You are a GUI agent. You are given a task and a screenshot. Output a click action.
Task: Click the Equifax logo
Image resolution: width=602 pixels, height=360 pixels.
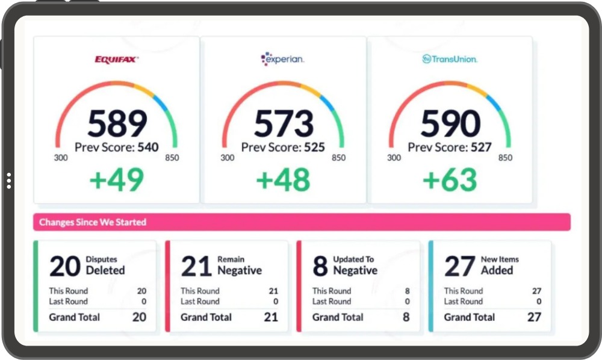coord(117,60)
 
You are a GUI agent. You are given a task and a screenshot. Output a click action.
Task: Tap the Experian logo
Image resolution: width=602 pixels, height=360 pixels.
coord(282,59)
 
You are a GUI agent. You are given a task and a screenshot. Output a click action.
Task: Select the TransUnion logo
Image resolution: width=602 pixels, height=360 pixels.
coord(450,59)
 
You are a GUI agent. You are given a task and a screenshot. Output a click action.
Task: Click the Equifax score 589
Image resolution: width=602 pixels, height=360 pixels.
coord(117,123)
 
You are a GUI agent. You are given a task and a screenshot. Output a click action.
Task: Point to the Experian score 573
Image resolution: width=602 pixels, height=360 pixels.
coord(284,123)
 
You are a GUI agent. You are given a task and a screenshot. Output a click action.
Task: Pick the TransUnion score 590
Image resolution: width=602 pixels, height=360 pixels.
coord(450,123)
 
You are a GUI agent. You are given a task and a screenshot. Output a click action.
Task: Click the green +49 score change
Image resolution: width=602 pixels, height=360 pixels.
coord(117,179)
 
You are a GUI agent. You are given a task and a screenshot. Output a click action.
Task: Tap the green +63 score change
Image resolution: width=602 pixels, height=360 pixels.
coord(450,179)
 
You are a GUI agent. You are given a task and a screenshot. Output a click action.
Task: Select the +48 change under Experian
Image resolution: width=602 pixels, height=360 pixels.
coord(284,179)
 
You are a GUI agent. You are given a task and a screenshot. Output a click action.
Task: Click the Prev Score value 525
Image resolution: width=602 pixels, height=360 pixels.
coord(314,147)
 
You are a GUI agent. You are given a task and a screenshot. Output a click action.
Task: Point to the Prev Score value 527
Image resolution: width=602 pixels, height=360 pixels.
coord(481,147)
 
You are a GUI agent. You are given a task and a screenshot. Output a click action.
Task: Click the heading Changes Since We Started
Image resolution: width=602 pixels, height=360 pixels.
coord(93,222)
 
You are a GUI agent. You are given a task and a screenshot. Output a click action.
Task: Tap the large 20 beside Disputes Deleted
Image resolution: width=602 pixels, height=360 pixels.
coord(65,266)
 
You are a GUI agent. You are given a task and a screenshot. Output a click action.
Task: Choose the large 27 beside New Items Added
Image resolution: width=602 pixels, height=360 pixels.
coord(460,266)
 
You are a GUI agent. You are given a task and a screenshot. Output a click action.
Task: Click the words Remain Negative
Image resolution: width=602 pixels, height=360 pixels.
coord(240,265)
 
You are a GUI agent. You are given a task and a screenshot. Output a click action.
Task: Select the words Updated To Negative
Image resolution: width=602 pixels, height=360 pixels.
coord(355,265)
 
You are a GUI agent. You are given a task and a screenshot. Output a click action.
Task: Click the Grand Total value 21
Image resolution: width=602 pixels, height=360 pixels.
coord(271,317)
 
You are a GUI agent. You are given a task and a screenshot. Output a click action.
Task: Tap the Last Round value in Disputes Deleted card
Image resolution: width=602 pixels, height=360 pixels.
coord(144,302)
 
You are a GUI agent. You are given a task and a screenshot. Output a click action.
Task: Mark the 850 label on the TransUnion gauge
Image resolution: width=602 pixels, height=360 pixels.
coord(505,158)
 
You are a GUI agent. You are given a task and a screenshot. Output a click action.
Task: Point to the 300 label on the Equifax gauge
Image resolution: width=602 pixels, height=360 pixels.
coord(61,158)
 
